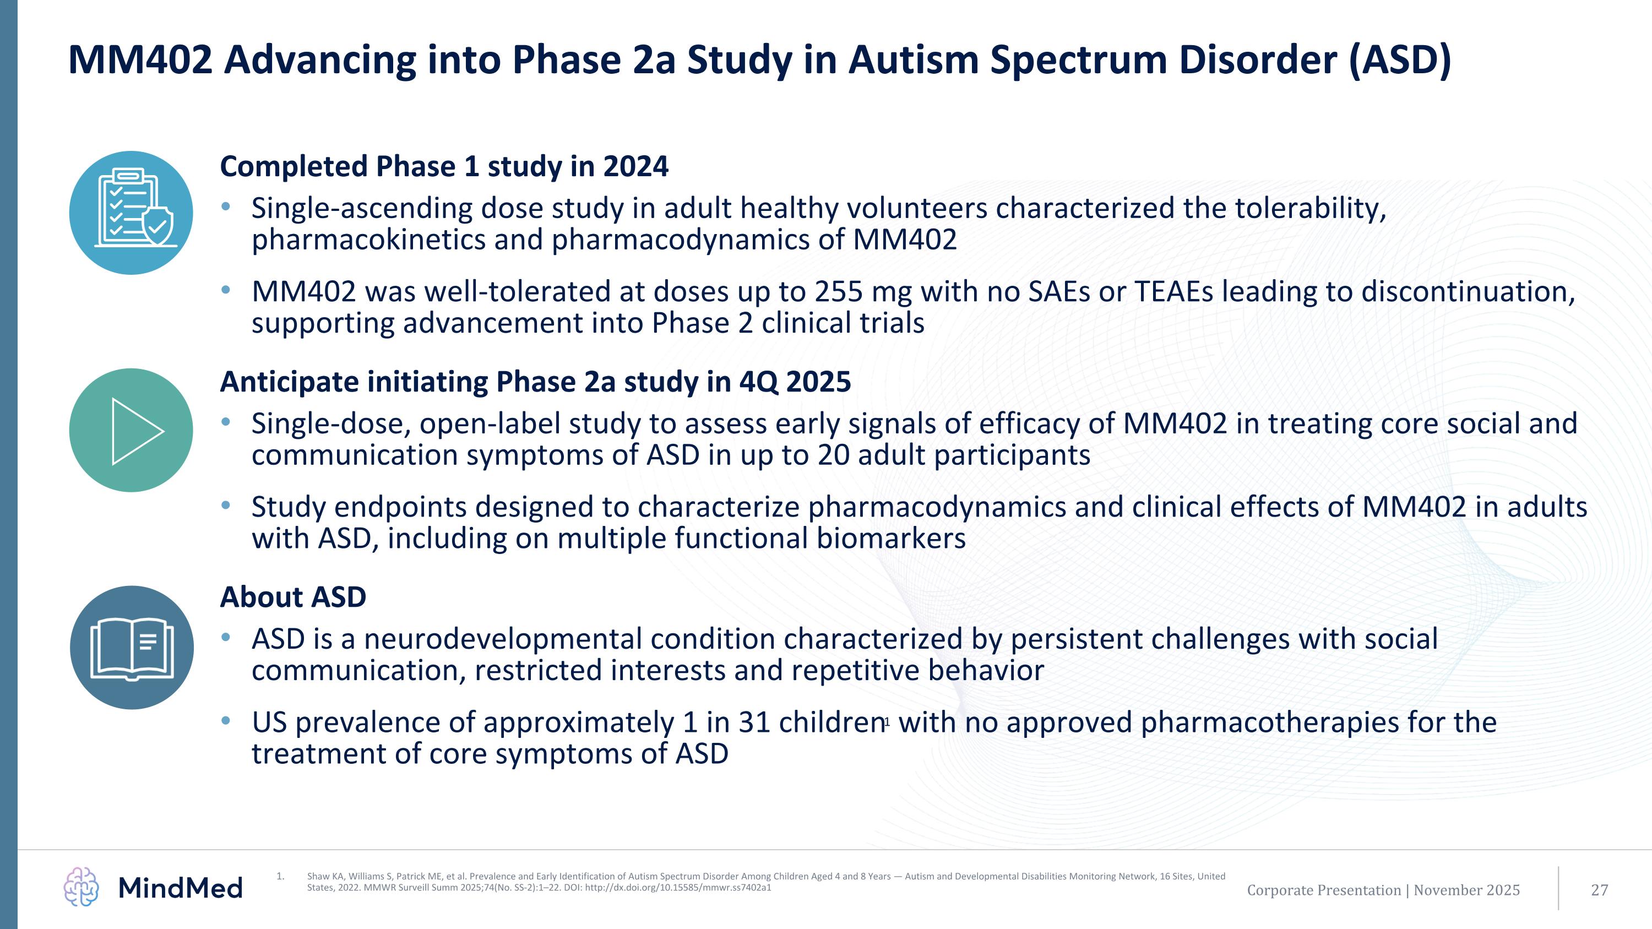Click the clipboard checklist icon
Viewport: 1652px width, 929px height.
click(132, 213)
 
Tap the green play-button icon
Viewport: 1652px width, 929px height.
click(132, 430)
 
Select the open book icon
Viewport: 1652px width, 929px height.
click(132, 648)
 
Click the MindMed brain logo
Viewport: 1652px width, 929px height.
click(81, 887)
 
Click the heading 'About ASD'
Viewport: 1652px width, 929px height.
click(293, 597)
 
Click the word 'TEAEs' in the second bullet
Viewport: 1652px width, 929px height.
click(1173, 292)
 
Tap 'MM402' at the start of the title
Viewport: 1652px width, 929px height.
click(140, 60)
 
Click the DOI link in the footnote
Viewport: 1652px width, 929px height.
click(678, 888)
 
